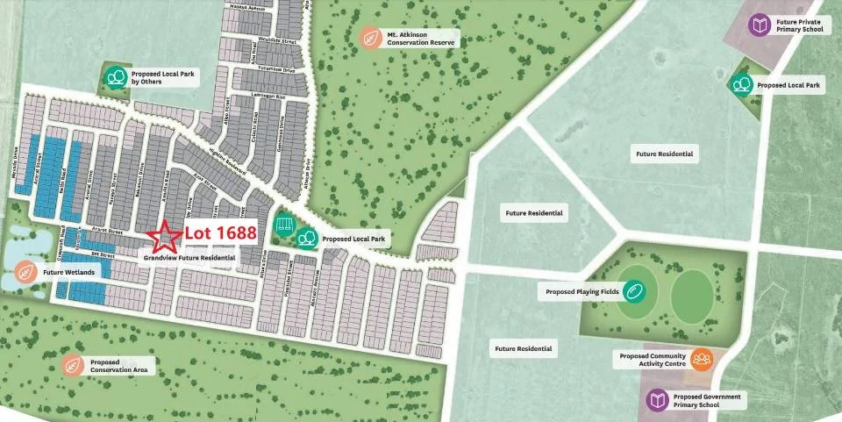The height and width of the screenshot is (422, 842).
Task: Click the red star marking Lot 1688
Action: (161, 236)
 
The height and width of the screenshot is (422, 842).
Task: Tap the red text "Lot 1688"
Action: (220, 233)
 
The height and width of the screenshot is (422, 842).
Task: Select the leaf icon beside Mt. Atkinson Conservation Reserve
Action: (371, 38)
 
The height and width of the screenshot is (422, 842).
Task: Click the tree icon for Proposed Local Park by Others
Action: (114, 77)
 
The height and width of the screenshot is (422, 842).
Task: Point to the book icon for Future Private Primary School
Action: (759, 25)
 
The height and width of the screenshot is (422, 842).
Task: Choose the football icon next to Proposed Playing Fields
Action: (634, 291)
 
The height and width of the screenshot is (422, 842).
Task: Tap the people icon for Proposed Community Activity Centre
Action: (701, 359)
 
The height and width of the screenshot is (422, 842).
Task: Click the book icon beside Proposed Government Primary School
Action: (658, 400)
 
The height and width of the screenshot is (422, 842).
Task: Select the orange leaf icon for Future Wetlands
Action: (27, 272)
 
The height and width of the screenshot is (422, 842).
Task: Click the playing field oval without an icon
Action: (692, 296)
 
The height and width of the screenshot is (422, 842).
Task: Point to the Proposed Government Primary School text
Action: (707, 400)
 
